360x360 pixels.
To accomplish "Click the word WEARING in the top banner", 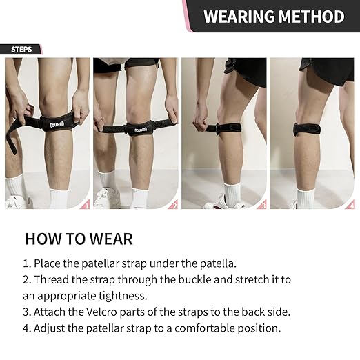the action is pos(239,17).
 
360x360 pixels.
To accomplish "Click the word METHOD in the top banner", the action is pos(312,17).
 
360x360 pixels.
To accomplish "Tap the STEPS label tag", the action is pos(21,50).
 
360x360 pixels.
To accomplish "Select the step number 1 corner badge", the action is pos(85,204).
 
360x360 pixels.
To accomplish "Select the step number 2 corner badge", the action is pos(173,204).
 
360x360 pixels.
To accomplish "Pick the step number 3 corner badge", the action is pos(261,204).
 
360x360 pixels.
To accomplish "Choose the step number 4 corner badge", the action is pos(350,204).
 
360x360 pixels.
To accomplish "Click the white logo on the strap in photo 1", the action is pos(57,124).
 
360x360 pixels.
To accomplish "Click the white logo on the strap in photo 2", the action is pos(141,130).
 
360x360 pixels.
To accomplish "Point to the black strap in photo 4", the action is pos(307,129).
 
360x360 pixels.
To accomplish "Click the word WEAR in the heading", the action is pos(111,239).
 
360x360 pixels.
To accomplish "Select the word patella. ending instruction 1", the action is pos(218,263).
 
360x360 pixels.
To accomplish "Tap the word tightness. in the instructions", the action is pos(123,296).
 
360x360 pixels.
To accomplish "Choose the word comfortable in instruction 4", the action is pos(205,328).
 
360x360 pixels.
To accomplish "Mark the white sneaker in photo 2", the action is pos(107,198).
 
